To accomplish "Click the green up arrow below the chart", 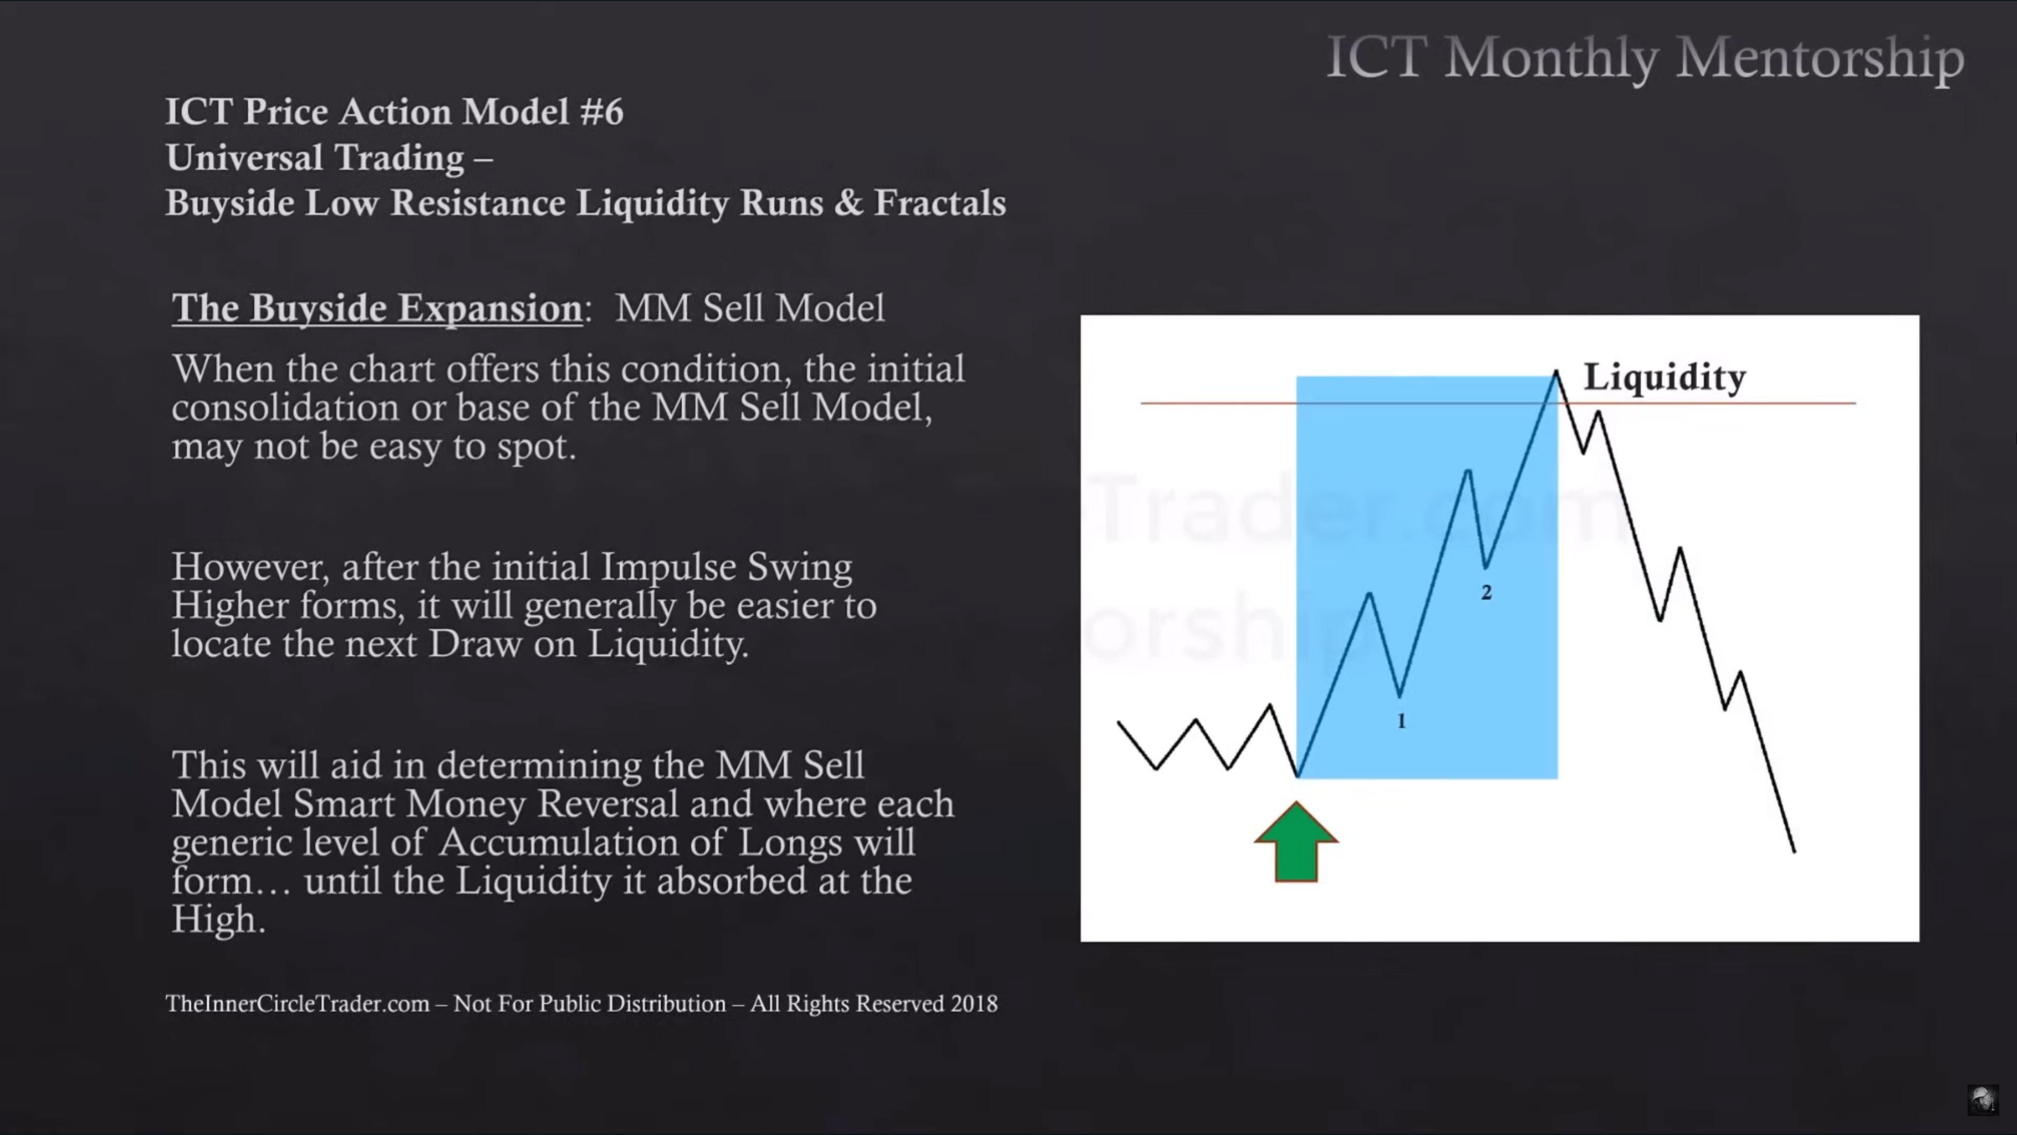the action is click(x=1296, y=842).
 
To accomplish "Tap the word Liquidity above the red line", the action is click(x=1665, y=378).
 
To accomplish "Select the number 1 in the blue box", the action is click(x=1401, y=720).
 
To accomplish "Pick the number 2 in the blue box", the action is click(x=1486, y=592).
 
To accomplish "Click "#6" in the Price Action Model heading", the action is click(x=602, y=111).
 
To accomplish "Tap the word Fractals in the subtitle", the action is click(x=940, y=203).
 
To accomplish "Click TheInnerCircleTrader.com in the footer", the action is click(x=297, y=1004).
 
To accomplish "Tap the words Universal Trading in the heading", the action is click(x=315, y=158).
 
